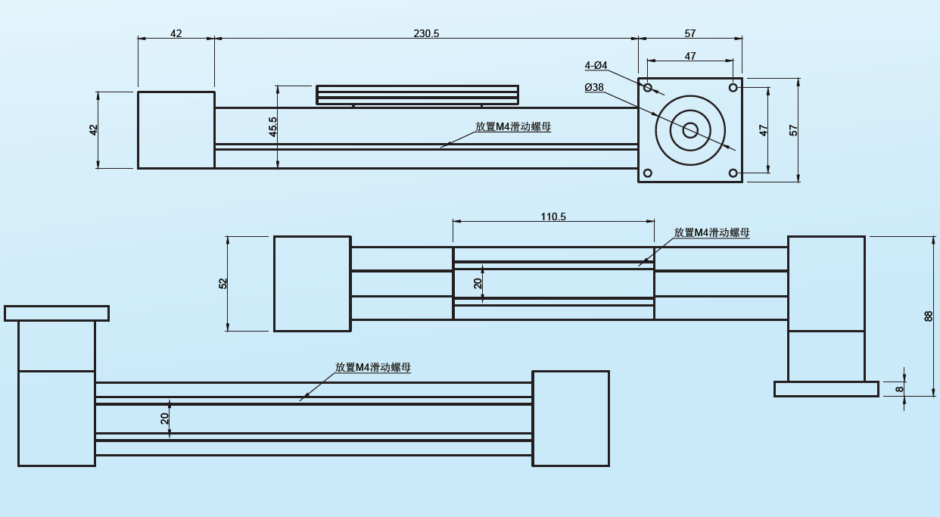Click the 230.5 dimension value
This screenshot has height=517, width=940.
pyautogui.click(x=426, y=33)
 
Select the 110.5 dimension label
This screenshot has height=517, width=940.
pyautogui.click(x=553, y=216)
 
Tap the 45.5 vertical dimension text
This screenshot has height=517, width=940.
pyautogui.click(x=273, y=126)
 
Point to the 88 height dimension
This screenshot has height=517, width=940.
pyautogui.click(x=929, y=316)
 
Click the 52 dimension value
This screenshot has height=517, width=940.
pyautogui.click(x=223, y=283)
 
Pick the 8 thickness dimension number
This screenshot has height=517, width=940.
pyautogui.click(x=899, y=389)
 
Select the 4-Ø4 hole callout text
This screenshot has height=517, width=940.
pyautogui.click(x=596, y=66)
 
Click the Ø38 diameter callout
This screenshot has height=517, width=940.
pyautogui.click(x=594, y=87)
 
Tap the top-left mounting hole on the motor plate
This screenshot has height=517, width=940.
pyautogui.click(x=648, y=88)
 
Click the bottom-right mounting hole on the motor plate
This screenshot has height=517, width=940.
pyautogui.click(x=733, y=173)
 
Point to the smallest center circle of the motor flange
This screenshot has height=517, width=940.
pyautogui.click(x=690, y=130)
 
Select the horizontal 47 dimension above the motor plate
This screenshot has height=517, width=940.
pyautogui.click(x=690, y=56)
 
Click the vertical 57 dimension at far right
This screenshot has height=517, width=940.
pyautogui.click(x=794, y=130)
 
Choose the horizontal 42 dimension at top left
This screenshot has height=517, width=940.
pyautogui.click(x=176, y=33)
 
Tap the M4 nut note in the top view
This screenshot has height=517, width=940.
pyautogui.click(x=513, y=126)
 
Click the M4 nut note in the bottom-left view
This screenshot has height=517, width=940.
pyautogui.click(x=373, y=367)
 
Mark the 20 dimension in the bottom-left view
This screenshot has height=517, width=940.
pyautogui.click(x=165, y=419)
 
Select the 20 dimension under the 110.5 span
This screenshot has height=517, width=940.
pyautogui.click(x=478, y=283)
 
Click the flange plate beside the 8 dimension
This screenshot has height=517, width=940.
pyautogui.click(x=826, y=389)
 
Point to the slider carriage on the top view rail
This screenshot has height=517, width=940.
pyautogui.click(x=417, y=95)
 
